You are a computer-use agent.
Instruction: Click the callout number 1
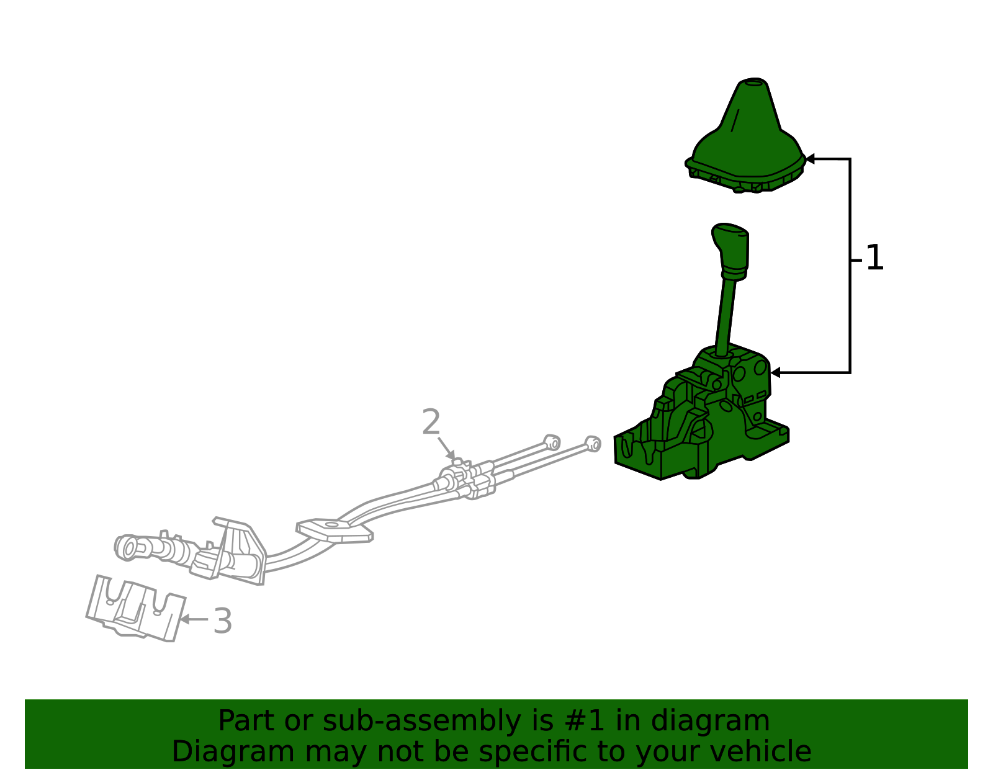point(874,258)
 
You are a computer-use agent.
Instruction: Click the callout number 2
point(431,422)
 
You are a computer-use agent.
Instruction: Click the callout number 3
point(223,621)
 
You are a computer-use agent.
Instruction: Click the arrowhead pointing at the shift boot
point(810,159)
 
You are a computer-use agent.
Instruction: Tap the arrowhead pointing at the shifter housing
point(775,373)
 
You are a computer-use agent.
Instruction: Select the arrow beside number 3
point(195,619)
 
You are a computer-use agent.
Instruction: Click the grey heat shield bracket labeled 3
point(136,608)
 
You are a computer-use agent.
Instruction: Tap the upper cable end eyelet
point(552,442)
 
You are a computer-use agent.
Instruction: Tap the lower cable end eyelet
point(593,444)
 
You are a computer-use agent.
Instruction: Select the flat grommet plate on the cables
point(335,531)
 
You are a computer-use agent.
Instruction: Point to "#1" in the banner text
point(585,721)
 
